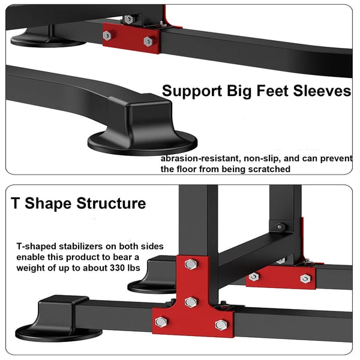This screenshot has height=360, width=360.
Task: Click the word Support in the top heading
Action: (192, 91)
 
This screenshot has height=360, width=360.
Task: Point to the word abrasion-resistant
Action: (200, 158)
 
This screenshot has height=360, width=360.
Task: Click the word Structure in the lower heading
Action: (111, 203)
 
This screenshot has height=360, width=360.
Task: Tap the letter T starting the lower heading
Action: (16, 203)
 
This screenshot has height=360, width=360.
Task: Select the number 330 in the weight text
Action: (117, 268)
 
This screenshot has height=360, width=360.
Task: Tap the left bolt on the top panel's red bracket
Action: (107, 35)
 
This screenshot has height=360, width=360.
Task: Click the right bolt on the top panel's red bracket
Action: (148, 41)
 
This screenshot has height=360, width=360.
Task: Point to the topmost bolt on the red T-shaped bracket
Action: (191, 264)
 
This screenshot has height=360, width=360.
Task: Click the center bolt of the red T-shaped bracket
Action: (191, 302)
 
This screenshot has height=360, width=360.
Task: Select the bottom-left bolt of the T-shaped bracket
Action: (161, 322)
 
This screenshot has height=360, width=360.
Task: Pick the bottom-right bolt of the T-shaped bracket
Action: (221, 325)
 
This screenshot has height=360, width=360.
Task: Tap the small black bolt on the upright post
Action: (280, 227)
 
